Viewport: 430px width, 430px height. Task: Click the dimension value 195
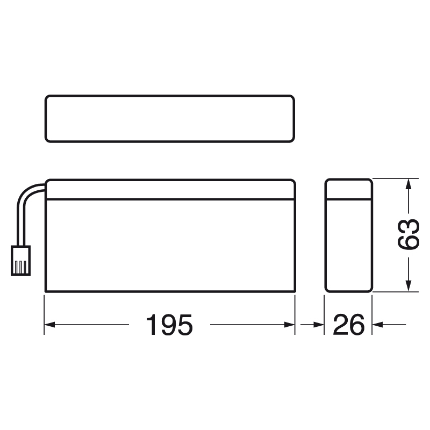pos(169,325)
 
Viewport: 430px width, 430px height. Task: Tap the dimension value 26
pos(348,325)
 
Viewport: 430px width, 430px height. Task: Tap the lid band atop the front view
pos(170,189)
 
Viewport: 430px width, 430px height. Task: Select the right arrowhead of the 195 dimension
pos(290,325)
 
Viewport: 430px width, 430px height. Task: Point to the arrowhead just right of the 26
pos(378,325)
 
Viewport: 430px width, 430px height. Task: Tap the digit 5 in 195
pos(184,325)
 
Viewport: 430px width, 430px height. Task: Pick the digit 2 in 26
pos(341,325)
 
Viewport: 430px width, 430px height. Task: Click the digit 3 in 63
pos(408,226)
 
